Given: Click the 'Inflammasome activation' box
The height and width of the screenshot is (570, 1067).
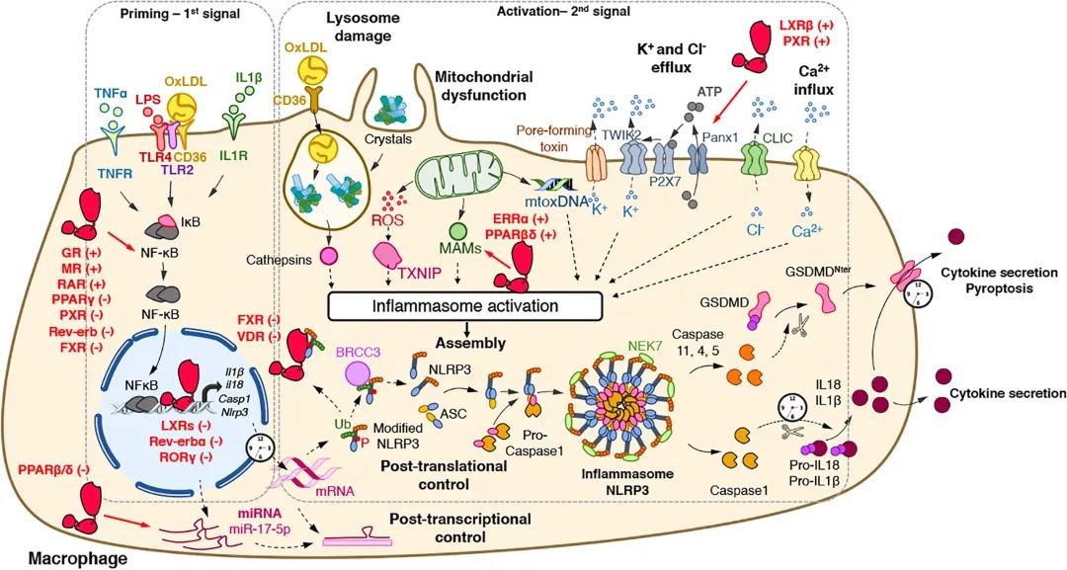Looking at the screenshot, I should point(464,305).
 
